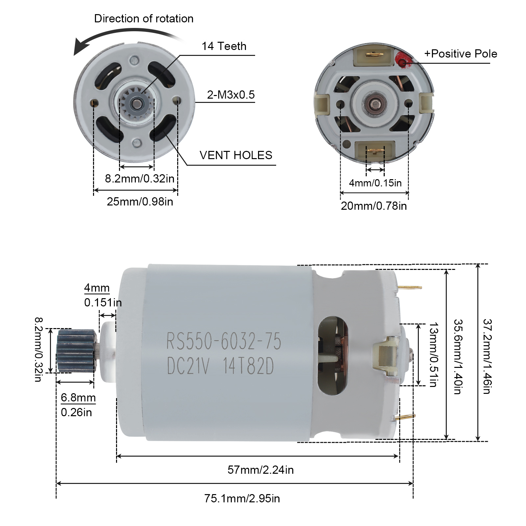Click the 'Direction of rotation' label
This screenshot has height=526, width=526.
pos(144,19)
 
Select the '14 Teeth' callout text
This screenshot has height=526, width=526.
pos(224,46)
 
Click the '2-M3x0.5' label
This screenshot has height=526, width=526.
pos(231,95)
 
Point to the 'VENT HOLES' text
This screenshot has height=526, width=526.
pos(236,155)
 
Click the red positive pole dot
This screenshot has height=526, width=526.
pos(402,61)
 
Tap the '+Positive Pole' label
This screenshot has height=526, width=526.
pos(461,54)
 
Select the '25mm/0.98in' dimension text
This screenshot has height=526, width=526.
pos(140,202)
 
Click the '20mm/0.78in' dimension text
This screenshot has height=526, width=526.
pos(374,206)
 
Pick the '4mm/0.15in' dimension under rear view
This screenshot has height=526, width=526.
pos(375,183)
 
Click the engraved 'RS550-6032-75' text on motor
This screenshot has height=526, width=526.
pos(224,341)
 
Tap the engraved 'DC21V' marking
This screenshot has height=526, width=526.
pos(188,366)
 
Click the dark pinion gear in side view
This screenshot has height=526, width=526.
pos(76,351)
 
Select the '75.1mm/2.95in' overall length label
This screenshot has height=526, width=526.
pos(242,498)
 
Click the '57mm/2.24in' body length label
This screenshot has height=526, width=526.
pos(260,470)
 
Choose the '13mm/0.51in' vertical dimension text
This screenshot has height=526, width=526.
pos(434,355)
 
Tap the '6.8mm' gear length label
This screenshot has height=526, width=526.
pos(78,397)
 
